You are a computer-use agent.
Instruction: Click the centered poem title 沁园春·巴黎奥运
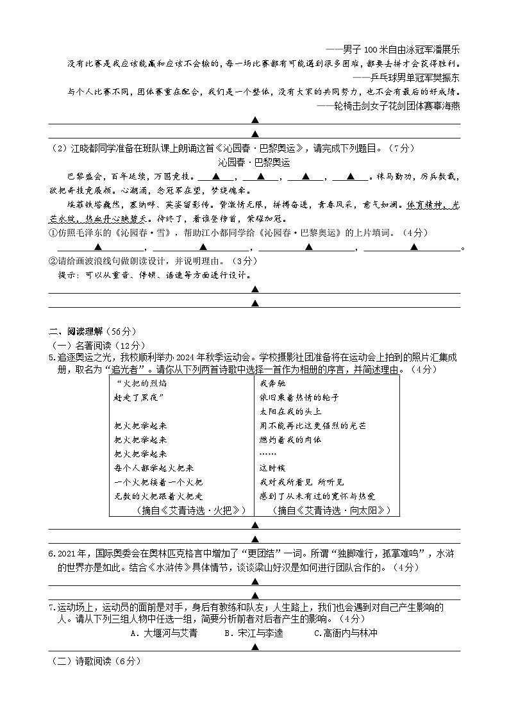point(254,162)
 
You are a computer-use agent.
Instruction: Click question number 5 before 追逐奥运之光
point(52,356)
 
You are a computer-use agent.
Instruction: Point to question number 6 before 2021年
point(52,554)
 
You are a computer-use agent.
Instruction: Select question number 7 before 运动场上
point(52,607)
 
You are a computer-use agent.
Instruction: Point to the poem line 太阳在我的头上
point(290,411)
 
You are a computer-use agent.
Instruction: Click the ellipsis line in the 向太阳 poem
point(268,453)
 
